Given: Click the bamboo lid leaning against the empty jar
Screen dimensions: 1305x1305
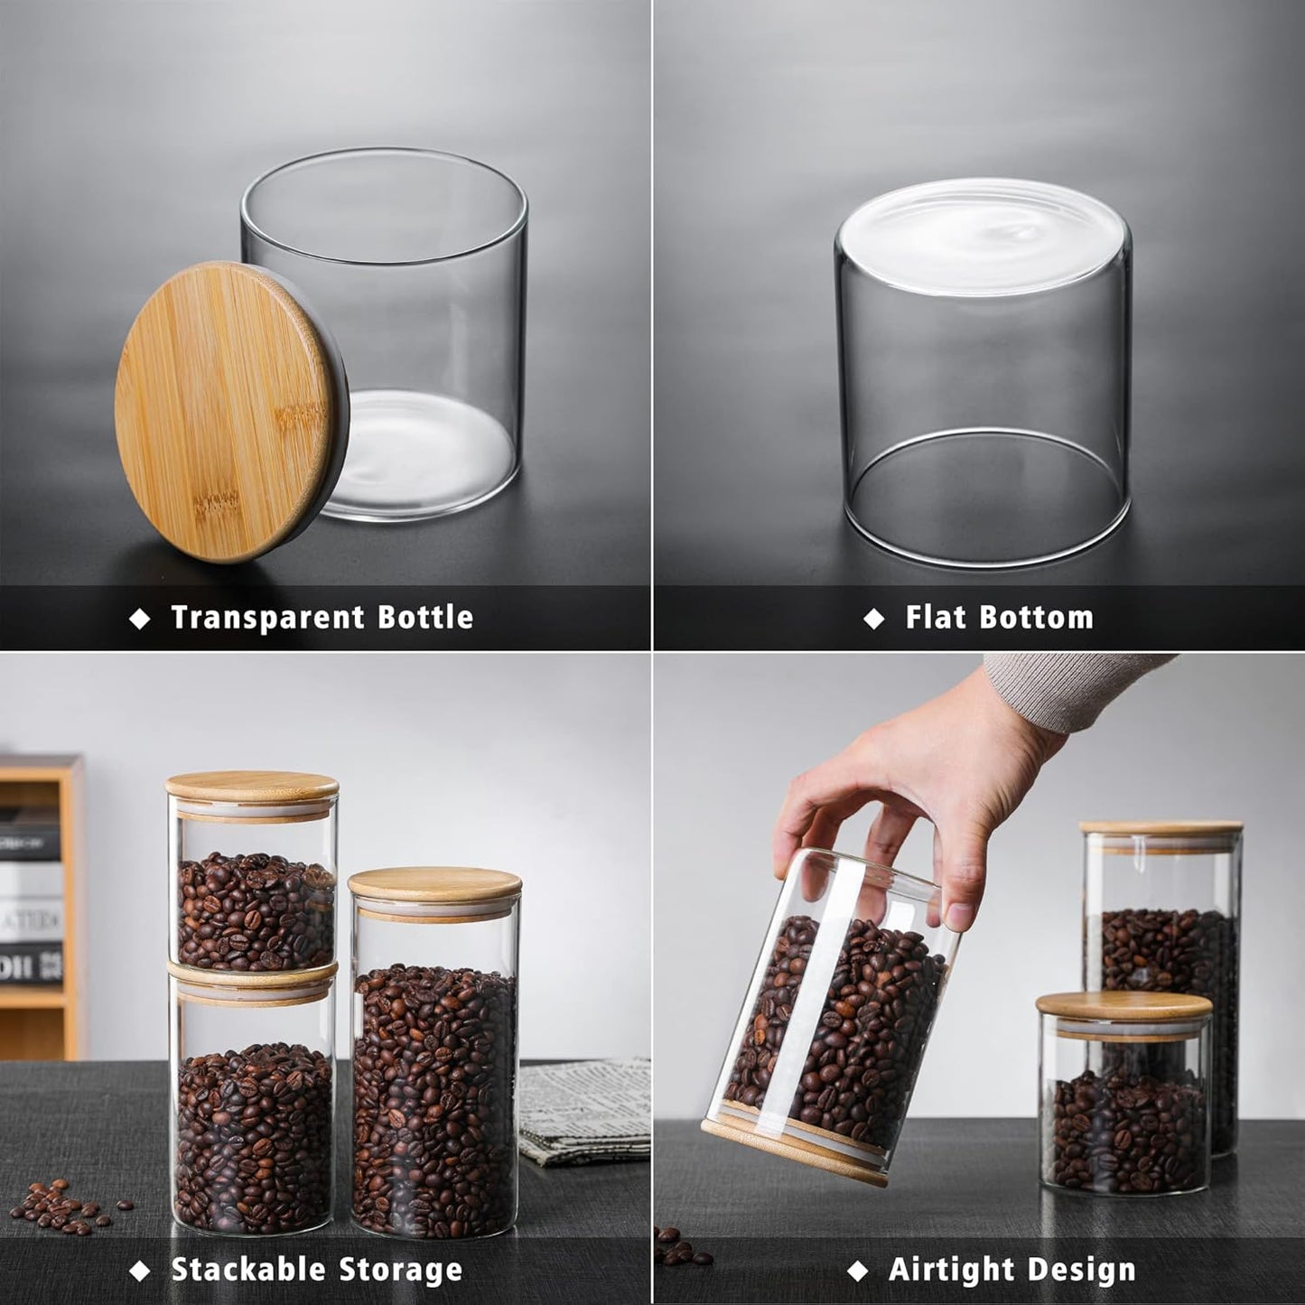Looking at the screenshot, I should point(231,411).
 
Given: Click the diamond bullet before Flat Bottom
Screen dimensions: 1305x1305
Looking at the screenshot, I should point(873,619).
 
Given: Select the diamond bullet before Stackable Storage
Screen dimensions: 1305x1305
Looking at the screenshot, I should point(140,1271).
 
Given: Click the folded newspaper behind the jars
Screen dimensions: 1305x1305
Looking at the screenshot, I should point(583,1111).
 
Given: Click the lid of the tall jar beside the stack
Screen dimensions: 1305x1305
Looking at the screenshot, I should point(435,883).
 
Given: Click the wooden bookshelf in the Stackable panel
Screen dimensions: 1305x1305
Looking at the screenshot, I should point(41,903).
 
